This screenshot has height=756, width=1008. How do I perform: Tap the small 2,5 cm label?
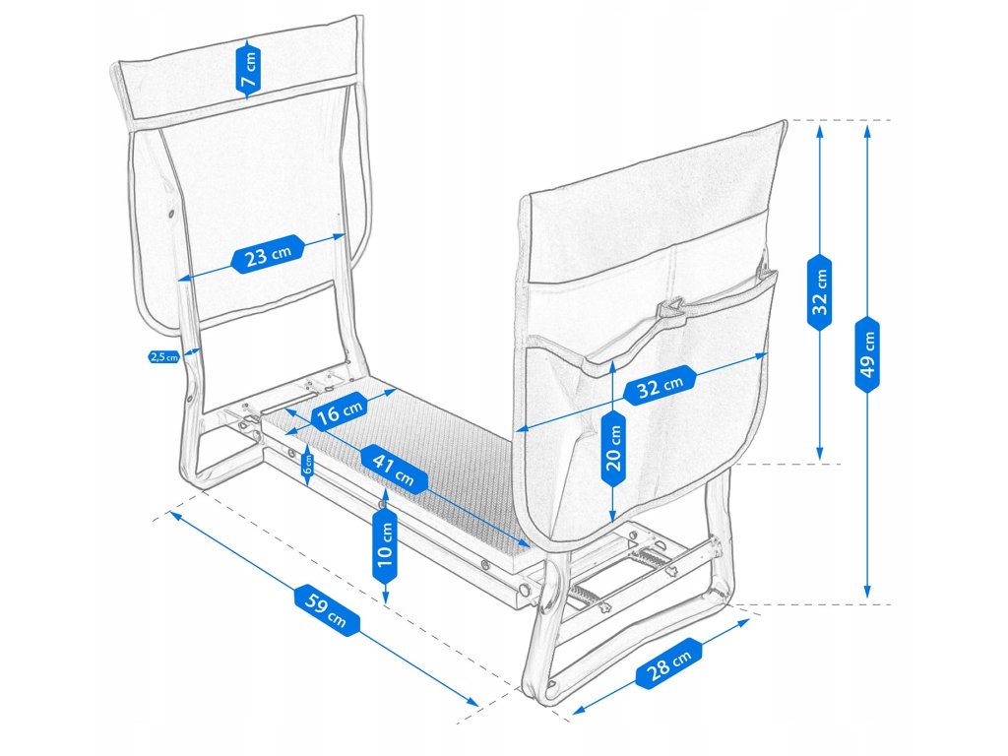point(163,357)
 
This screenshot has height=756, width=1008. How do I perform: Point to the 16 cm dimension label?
point(339,410)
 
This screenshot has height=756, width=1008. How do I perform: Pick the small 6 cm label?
point(308,460)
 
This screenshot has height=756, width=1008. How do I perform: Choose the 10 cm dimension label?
point(384,549)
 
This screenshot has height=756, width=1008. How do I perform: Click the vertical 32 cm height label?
point(819,290)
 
